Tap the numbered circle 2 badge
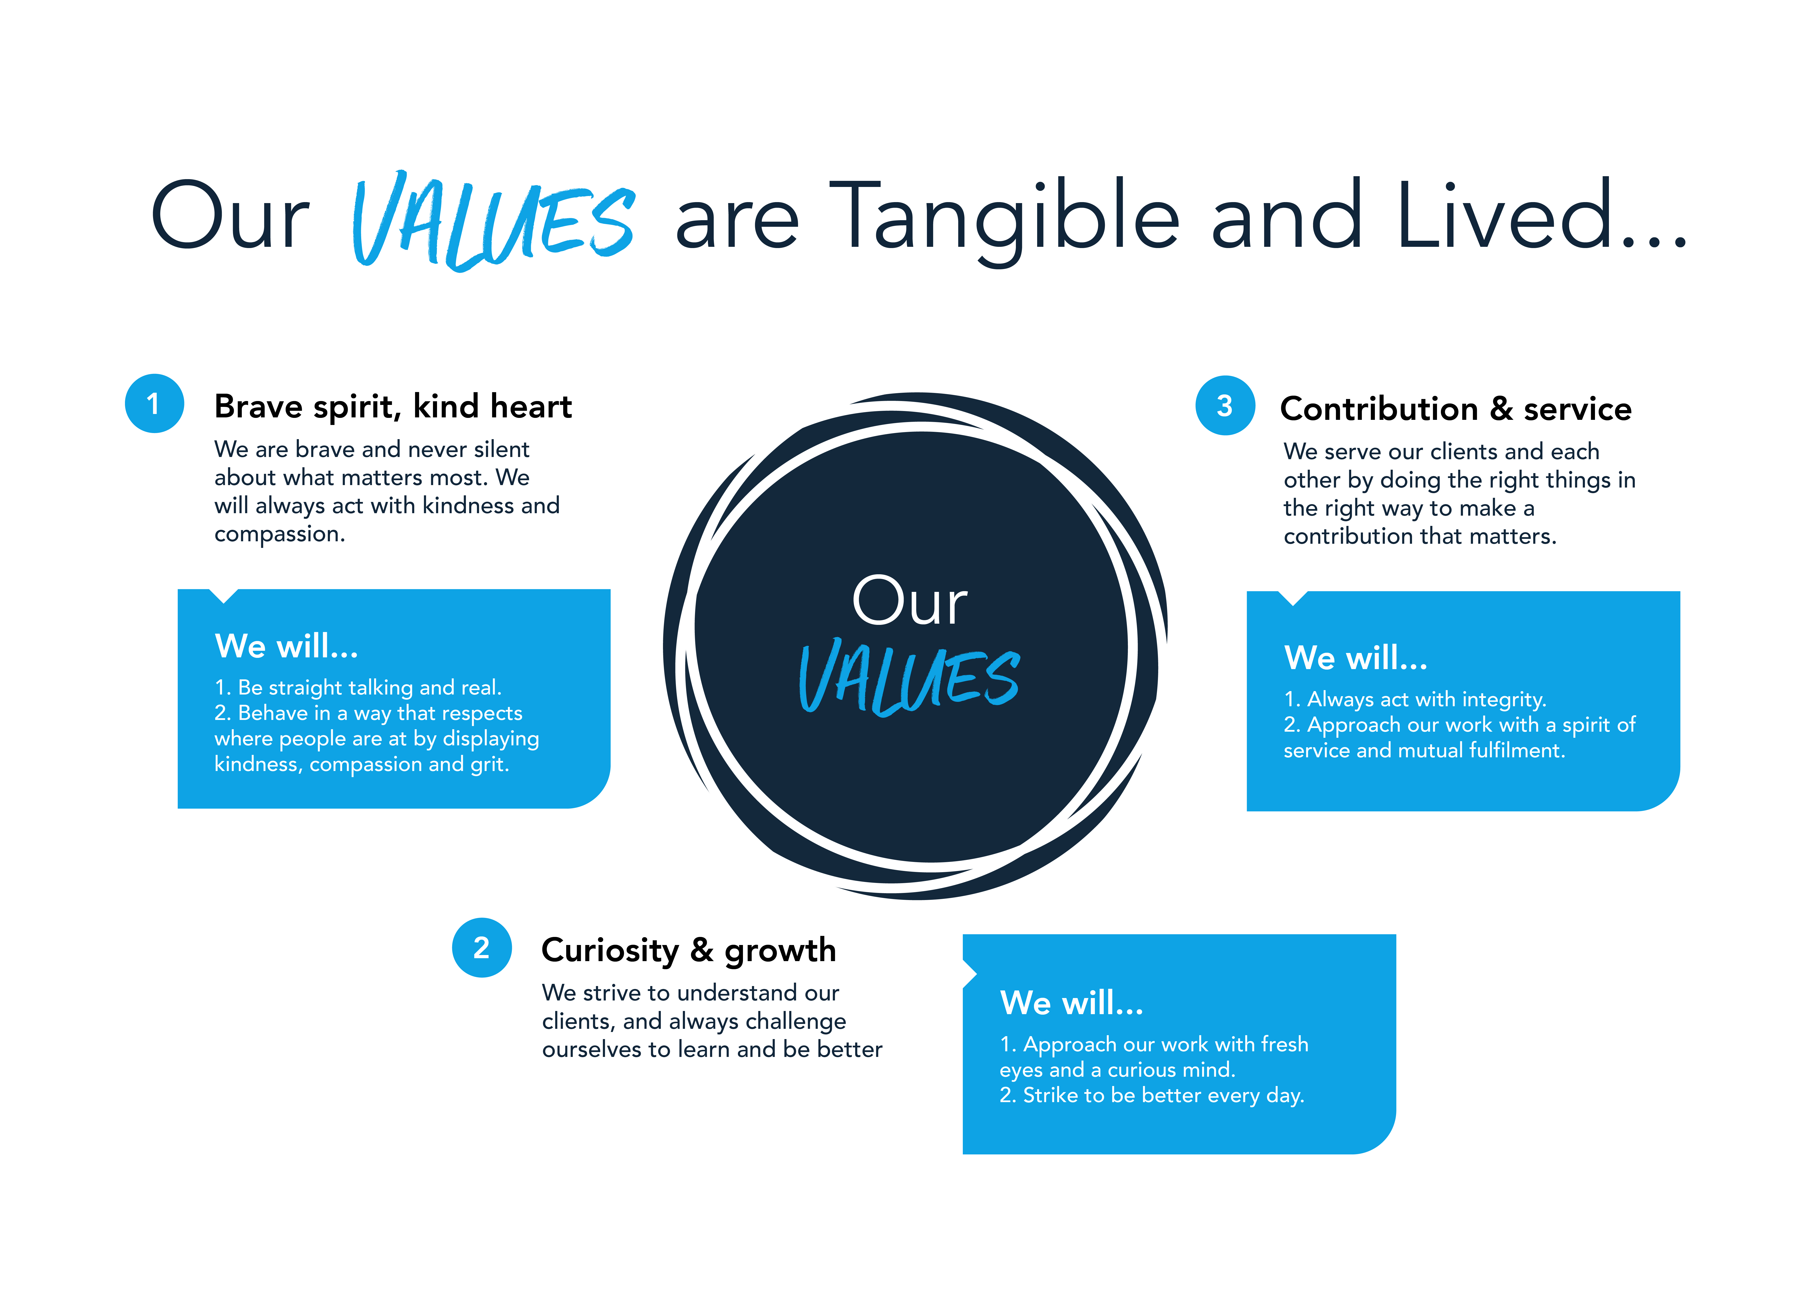point(482,948)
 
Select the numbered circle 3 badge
point(1225,405)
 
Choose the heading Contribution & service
point(1456,409)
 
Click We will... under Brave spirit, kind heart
point(286,646)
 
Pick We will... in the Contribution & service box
point(1356,658)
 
